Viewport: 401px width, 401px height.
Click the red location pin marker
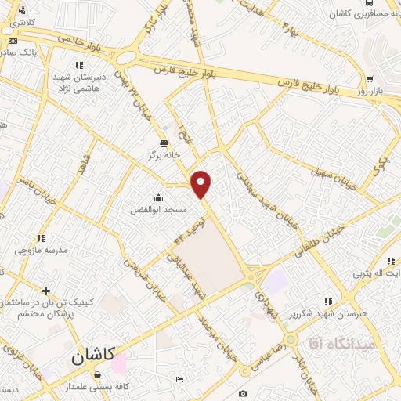pyautogui.click(x=202, y=185)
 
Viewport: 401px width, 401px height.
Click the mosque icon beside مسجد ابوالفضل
pyautogui.click(x=159, y=197)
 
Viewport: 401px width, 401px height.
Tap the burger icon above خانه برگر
pyautogui.click(x=164, y=143)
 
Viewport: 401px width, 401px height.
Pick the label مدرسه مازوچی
pyautogui.click(x=41, y=251)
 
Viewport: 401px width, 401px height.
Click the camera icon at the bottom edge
pyautogui.click(x=244, y=393)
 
